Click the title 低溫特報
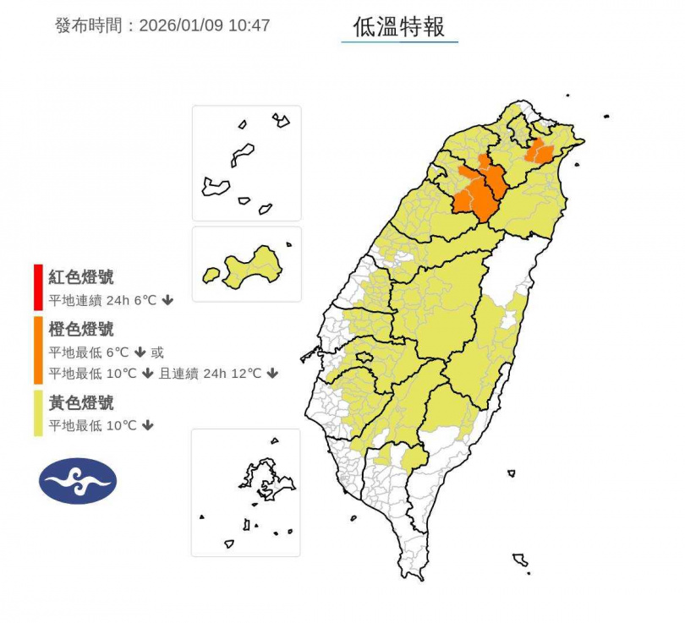click(x=399, y=27)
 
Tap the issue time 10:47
click(x=249, y=25)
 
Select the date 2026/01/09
click(x=182, y=25)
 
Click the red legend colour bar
click(x=38, y=287)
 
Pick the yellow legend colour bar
click(x=38, y=413)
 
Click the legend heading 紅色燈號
click(x=81, y=277)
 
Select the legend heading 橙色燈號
click(x=81, y=330)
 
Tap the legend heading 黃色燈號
click(x=81, y=403)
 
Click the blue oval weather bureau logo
click(x=78, y=481)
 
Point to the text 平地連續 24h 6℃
click(x=102, y=300)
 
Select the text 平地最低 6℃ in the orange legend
click(x=92, y=352)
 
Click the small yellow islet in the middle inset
click(x=211, y=275)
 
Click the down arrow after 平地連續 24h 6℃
click(x=167, y=300)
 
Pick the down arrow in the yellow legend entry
click(x=148, y=425)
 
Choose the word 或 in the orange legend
click(x=157, y=352)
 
